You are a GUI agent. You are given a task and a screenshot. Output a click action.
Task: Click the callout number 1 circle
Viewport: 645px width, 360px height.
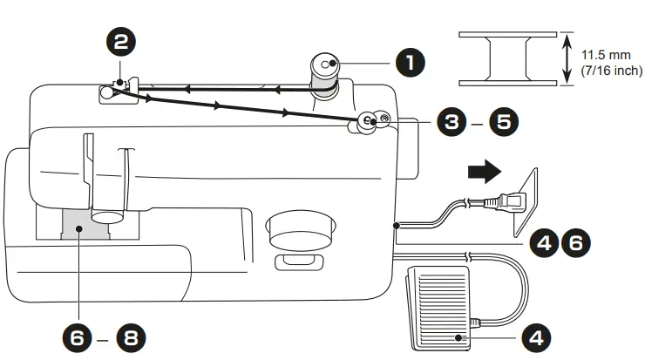(x=411, y=63)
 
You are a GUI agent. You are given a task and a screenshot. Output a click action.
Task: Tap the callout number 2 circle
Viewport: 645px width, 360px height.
(x=119, y=39)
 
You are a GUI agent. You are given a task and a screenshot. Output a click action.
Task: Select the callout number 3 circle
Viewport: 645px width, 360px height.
(x=451, y=122)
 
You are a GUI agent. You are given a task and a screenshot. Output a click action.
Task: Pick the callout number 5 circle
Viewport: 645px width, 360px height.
(x=502, y=122)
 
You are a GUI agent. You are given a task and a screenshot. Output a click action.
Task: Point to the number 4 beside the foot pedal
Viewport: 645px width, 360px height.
(x=535, y=336)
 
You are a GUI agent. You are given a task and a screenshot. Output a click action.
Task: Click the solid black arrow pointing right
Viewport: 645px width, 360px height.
(x=482, y=173)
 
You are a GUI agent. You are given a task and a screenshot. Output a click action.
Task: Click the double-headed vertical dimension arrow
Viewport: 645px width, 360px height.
(x=566, y=59)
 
